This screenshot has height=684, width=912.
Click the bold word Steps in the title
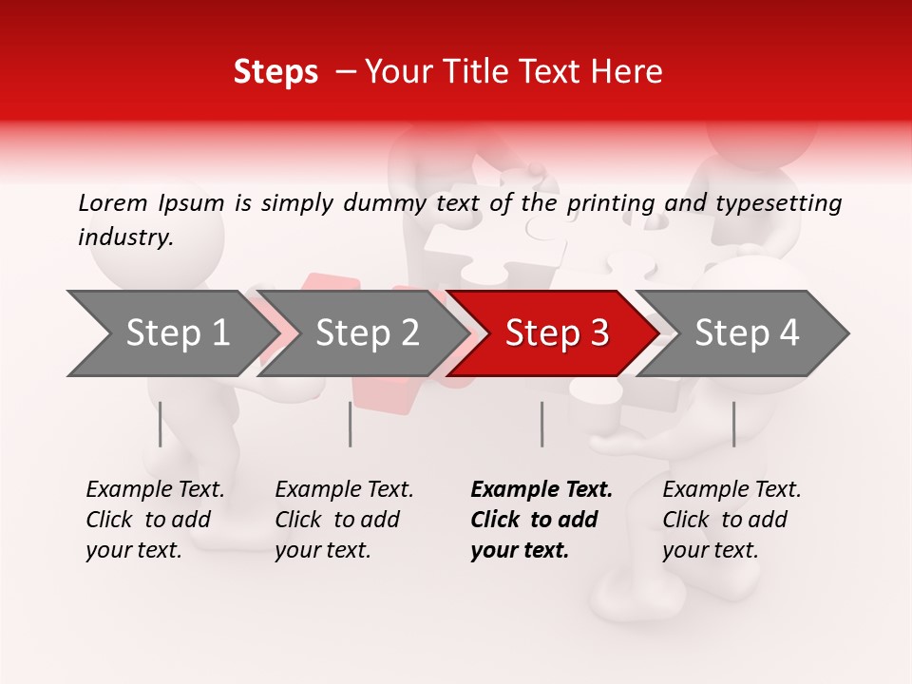pos(275,72)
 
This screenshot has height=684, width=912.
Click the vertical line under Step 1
pos(161,424)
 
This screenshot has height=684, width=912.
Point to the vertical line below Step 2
pos(351,424)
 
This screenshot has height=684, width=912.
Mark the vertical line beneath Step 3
pos(541,424)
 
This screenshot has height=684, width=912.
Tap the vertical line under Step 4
pos(733,424)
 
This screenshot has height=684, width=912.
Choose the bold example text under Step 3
pos(541,520)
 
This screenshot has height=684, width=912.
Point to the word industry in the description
pos(124,237)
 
